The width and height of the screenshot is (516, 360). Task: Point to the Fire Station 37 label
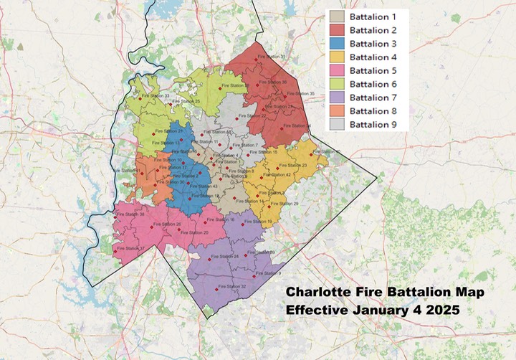pos(130,249)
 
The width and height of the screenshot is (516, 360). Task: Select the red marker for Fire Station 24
pos(209,258)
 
